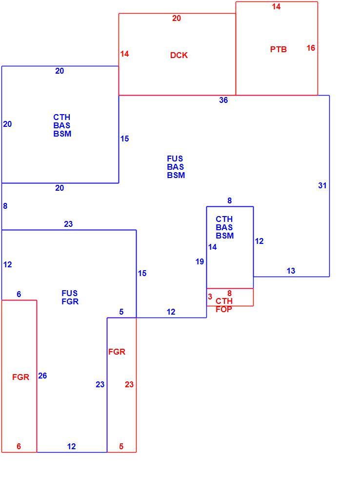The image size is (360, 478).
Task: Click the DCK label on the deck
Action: point(179,55)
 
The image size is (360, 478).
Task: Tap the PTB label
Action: point(279,49)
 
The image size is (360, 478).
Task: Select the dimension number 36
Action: point(223,100)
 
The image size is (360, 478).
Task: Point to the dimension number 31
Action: point(322,185)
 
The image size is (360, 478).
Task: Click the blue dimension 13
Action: point(291,271)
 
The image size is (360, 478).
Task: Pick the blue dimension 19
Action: point(200,261)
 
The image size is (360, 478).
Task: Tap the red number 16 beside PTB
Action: point(311,48)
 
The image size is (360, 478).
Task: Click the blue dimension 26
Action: point(42,376)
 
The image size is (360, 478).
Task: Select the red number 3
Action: point(210,297)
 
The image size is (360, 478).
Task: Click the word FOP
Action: point(224,309)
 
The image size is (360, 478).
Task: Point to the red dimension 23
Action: point(129,384)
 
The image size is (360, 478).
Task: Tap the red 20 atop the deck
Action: point(177,19)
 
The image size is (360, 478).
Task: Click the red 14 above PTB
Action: point(276,6)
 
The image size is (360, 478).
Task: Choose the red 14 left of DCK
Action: point(124,54)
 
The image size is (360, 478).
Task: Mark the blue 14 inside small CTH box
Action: point(213,247)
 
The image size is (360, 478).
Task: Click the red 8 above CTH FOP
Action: point(230,293)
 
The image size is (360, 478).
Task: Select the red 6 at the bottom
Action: point(19,446)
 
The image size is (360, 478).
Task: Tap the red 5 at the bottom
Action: point(121,446)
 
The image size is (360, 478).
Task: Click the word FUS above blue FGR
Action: point(69,293)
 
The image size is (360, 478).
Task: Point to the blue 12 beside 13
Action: point(259,241)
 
